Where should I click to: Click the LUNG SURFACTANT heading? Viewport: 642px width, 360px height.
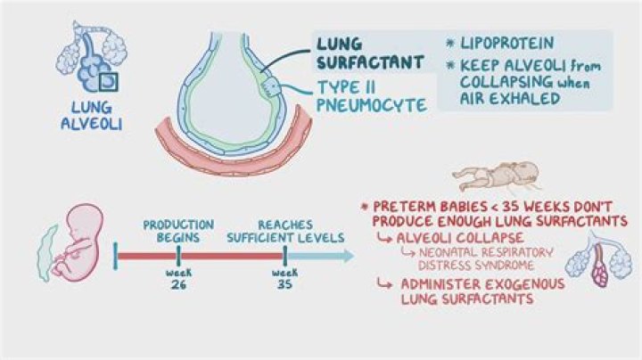click(x=368, y=53)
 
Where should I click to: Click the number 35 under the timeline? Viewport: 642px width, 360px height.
click(x=285, y=284)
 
